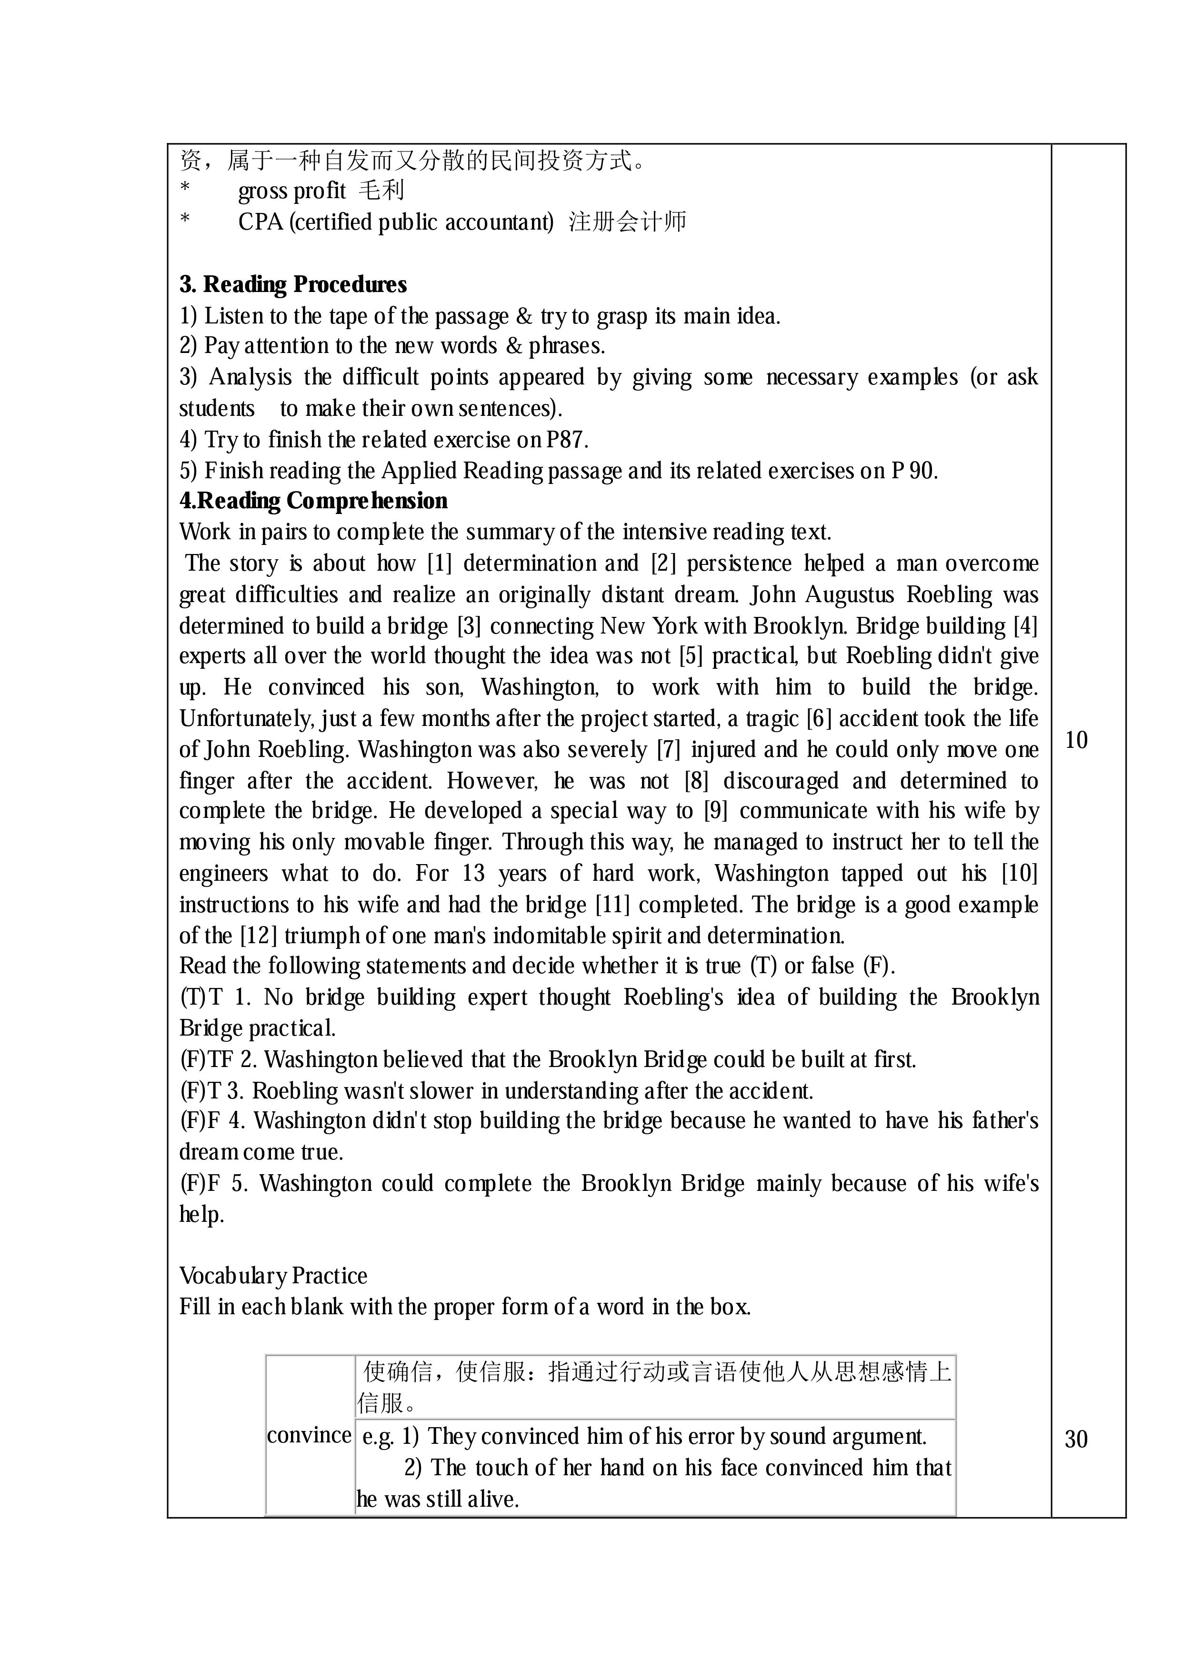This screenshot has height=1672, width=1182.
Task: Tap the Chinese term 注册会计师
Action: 627,222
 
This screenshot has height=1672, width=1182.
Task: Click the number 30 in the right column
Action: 1076,1440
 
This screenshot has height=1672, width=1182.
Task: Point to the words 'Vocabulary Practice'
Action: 273,1276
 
